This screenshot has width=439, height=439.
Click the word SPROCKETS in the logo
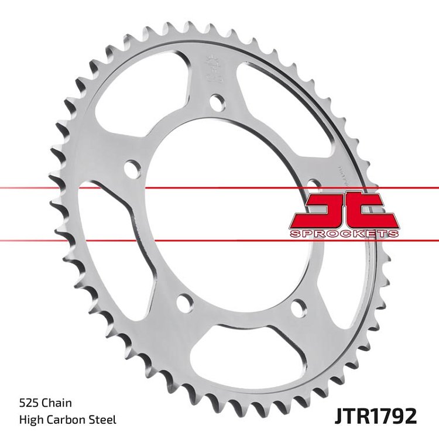pos(344,234)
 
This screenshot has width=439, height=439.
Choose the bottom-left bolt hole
pos(184,303)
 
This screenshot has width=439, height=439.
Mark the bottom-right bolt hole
pos(299,307)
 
